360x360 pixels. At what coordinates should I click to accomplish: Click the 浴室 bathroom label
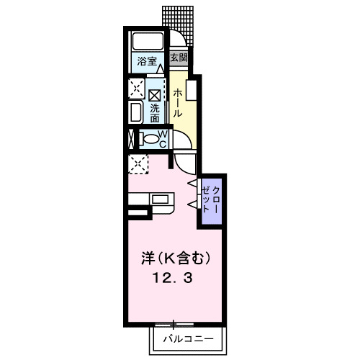pos(147,61)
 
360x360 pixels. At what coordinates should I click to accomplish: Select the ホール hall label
pos(177,104)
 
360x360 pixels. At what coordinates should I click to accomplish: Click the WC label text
pos(163,139)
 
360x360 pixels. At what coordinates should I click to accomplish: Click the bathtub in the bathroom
pos(148,42)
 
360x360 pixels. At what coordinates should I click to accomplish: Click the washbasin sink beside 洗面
pos(136,112)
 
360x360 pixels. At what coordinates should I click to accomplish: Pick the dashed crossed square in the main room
pos(137,164)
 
